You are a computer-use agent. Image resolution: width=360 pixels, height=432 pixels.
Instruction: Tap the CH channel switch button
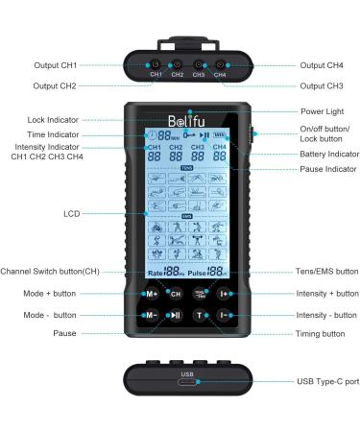click(x=176, y=294)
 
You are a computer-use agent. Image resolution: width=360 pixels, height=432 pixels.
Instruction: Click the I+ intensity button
click(x=223, y=294)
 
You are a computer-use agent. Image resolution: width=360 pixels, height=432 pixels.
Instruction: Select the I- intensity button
click(x=223, y=315)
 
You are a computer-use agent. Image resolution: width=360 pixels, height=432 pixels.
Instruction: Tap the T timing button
click(x=200, y=315)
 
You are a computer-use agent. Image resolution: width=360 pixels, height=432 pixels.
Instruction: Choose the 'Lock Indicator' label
click(x=56, y=120)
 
